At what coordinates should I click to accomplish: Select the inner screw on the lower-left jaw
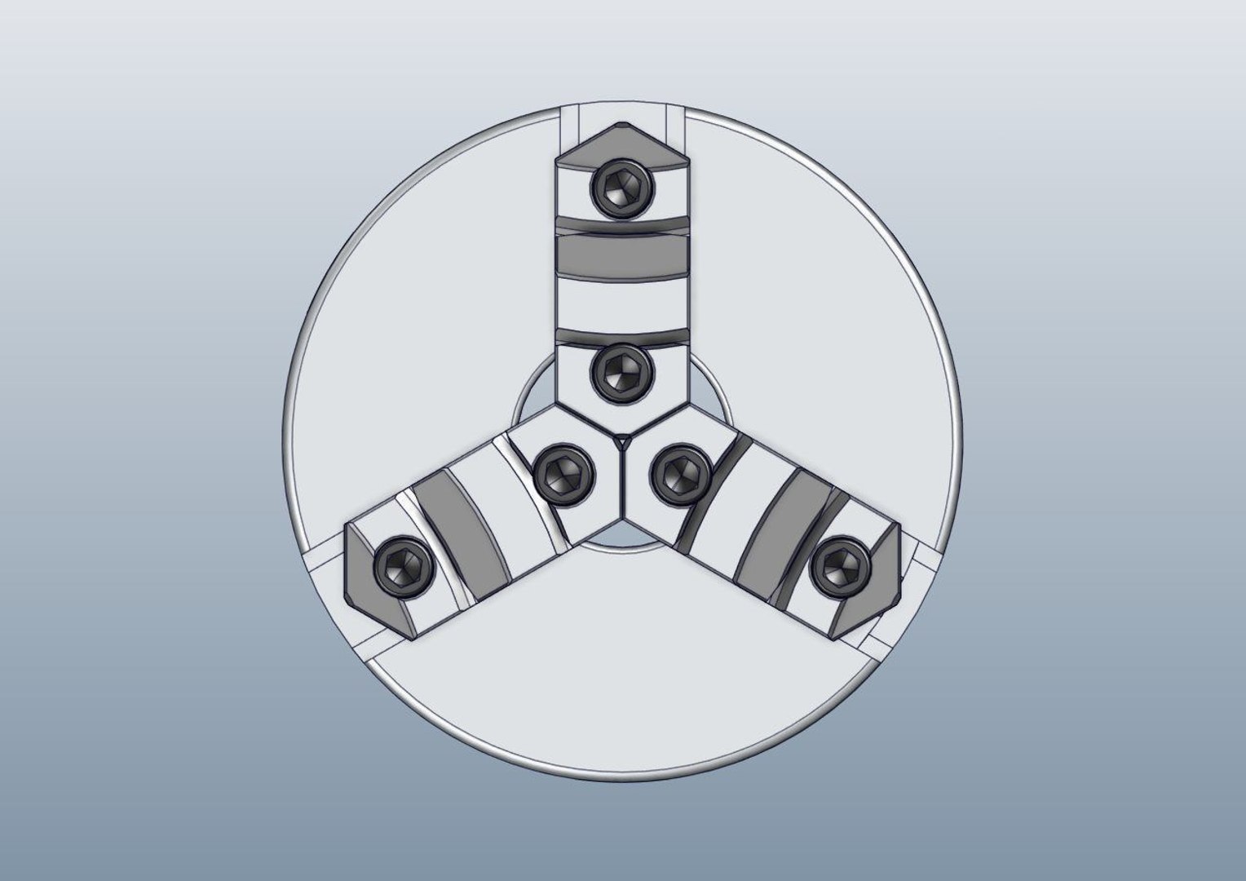point(562,473)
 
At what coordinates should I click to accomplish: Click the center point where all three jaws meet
point(622,441)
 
